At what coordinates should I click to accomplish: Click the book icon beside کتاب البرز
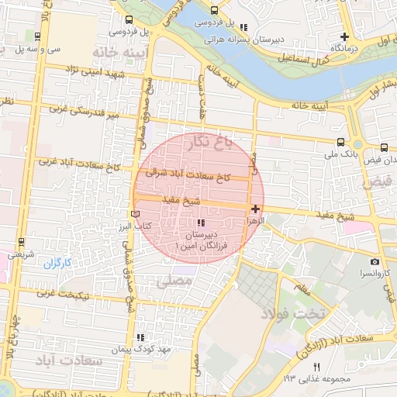point(136,213)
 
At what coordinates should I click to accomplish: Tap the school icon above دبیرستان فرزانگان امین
point(202,223)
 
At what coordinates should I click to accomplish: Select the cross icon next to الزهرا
point(255,209)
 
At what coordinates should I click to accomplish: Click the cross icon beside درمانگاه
point(345,36)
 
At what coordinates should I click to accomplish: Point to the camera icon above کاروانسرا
point(375,262)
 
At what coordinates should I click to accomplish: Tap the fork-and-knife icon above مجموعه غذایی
point(316,367)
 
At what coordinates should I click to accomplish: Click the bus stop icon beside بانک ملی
point(340,142)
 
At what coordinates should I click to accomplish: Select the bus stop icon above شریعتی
point(20,241)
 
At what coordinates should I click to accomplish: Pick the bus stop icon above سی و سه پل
point(38,36)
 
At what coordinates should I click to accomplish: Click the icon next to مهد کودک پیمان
point(140,337)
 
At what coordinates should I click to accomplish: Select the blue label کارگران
point(57,264)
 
